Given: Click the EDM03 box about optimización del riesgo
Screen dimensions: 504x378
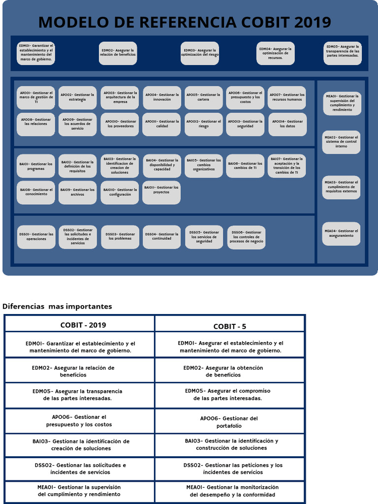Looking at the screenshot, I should pyautogui.click(x=199, y=53).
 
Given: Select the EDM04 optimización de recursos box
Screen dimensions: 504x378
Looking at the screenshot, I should pyautogui.click(x=276, y=53).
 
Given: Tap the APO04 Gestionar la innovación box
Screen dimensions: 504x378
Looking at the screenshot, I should pyautogui.click(x=162, y=97).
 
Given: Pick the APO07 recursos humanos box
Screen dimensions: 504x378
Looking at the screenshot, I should pyautogui.click(x=287, y=97).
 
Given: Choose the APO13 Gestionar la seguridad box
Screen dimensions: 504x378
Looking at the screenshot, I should pyautogui.click(x=245, y=124).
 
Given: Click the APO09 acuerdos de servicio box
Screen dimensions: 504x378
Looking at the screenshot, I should pyautogui.click(x=78, y=124).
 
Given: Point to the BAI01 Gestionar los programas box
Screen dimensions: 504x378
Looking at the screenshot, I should pyautogui.click(x=36, y=166).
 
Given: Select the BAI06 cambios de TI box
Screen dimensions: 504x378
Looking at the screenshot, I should pyautogui.click(x=245, y=166).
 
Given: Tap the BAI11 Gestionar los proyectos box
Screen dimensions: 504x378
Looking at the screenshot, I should pyautogui.click(x=161, y=192).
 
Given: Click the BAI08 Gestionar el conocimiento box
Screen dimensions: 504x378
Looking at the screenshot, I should pyautogui.click(x=36, y=192).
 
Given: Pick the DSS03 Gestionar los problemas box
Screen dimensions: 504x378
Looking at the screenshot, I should pyautogui.click(x=120, y=237).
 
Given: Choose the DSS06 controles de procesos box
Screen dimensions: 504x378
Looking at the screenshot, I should pyautogui.click(x=247, y=237).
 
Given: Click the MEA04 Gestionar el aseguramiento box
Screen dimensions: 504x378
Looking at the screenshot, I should pyautogui.click(x=342, y=233).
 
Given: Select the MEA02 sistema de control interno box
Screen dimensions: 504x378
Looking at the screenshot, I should pyautogui.click(x=342, y=142).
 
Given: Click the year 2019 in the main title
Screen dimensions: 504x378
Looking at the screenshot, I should pyautogui.click(x=313, y=22).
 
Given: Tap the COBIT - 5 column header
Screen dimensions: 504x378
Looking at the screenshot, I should pyautogui.click(x=229, y=326).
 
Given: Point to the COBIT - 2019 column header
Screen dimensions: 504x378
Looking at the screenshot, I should pyautogui.click(x=83, y=325).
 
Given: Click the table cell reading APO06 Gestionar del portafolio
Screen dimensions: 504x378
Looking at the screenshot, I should pyautogui.click(x=229, y=422).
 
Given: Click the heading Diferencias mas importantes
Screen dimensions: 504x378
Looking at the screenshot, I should pyautogui.click(x=57, y=306).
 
